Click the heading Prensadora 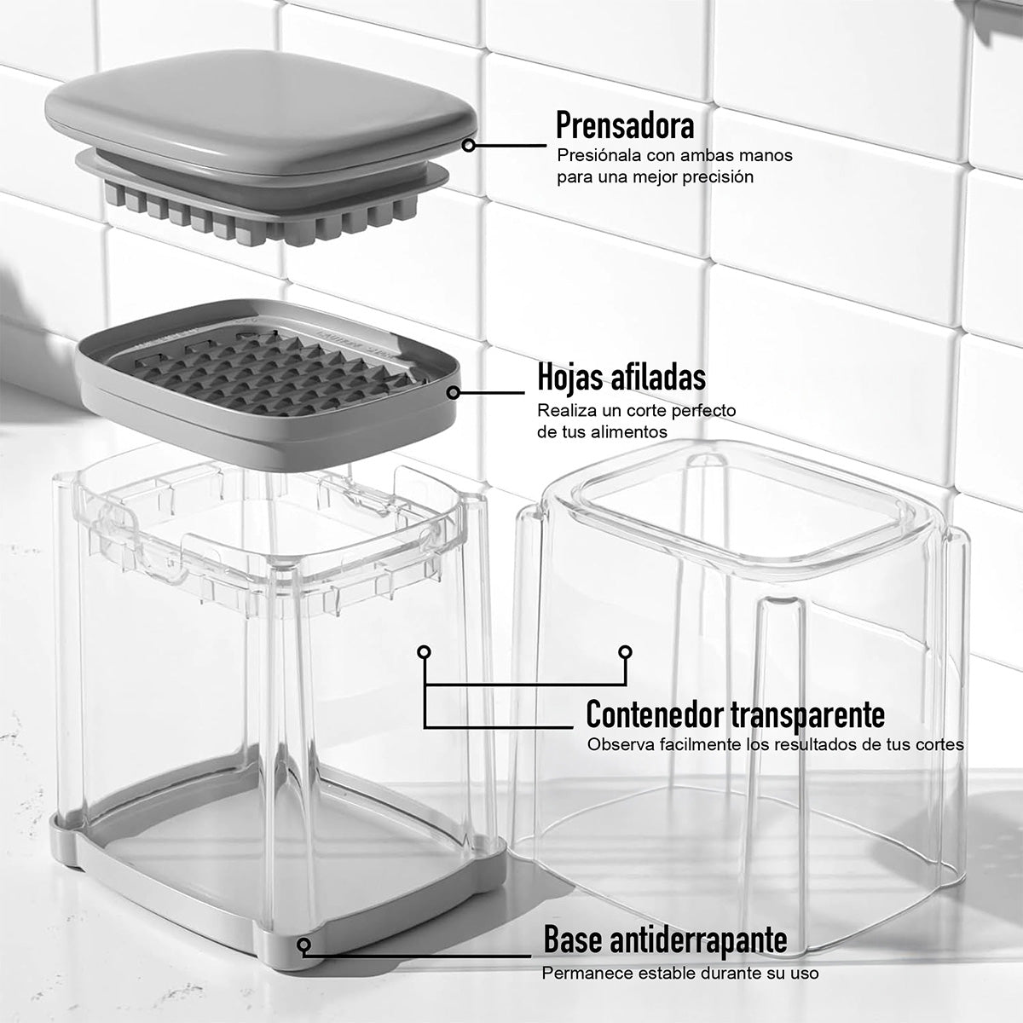click(625, 125)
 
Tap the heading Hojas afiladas click(621, 376)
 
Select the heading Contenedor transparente click(735, 714)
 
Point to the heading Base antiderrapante click(665, 941)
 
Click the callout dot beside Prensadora click(468, 146)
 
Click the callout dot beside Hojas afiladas click(454, 393)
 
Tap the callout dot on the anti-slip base click(304, 944)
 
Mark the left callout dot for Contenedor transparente click(424, 652)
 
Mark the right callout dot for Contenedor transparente click(625, 652)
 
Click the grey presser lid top click(256, 119)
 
